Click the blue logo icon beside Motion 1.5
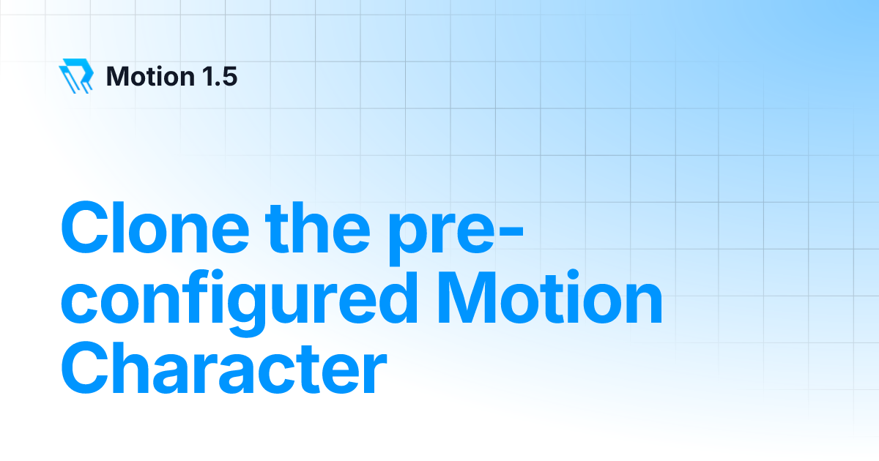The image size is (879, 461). tap(76, 76)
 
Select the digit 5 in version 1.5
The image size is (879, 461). tap(229, 76)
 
